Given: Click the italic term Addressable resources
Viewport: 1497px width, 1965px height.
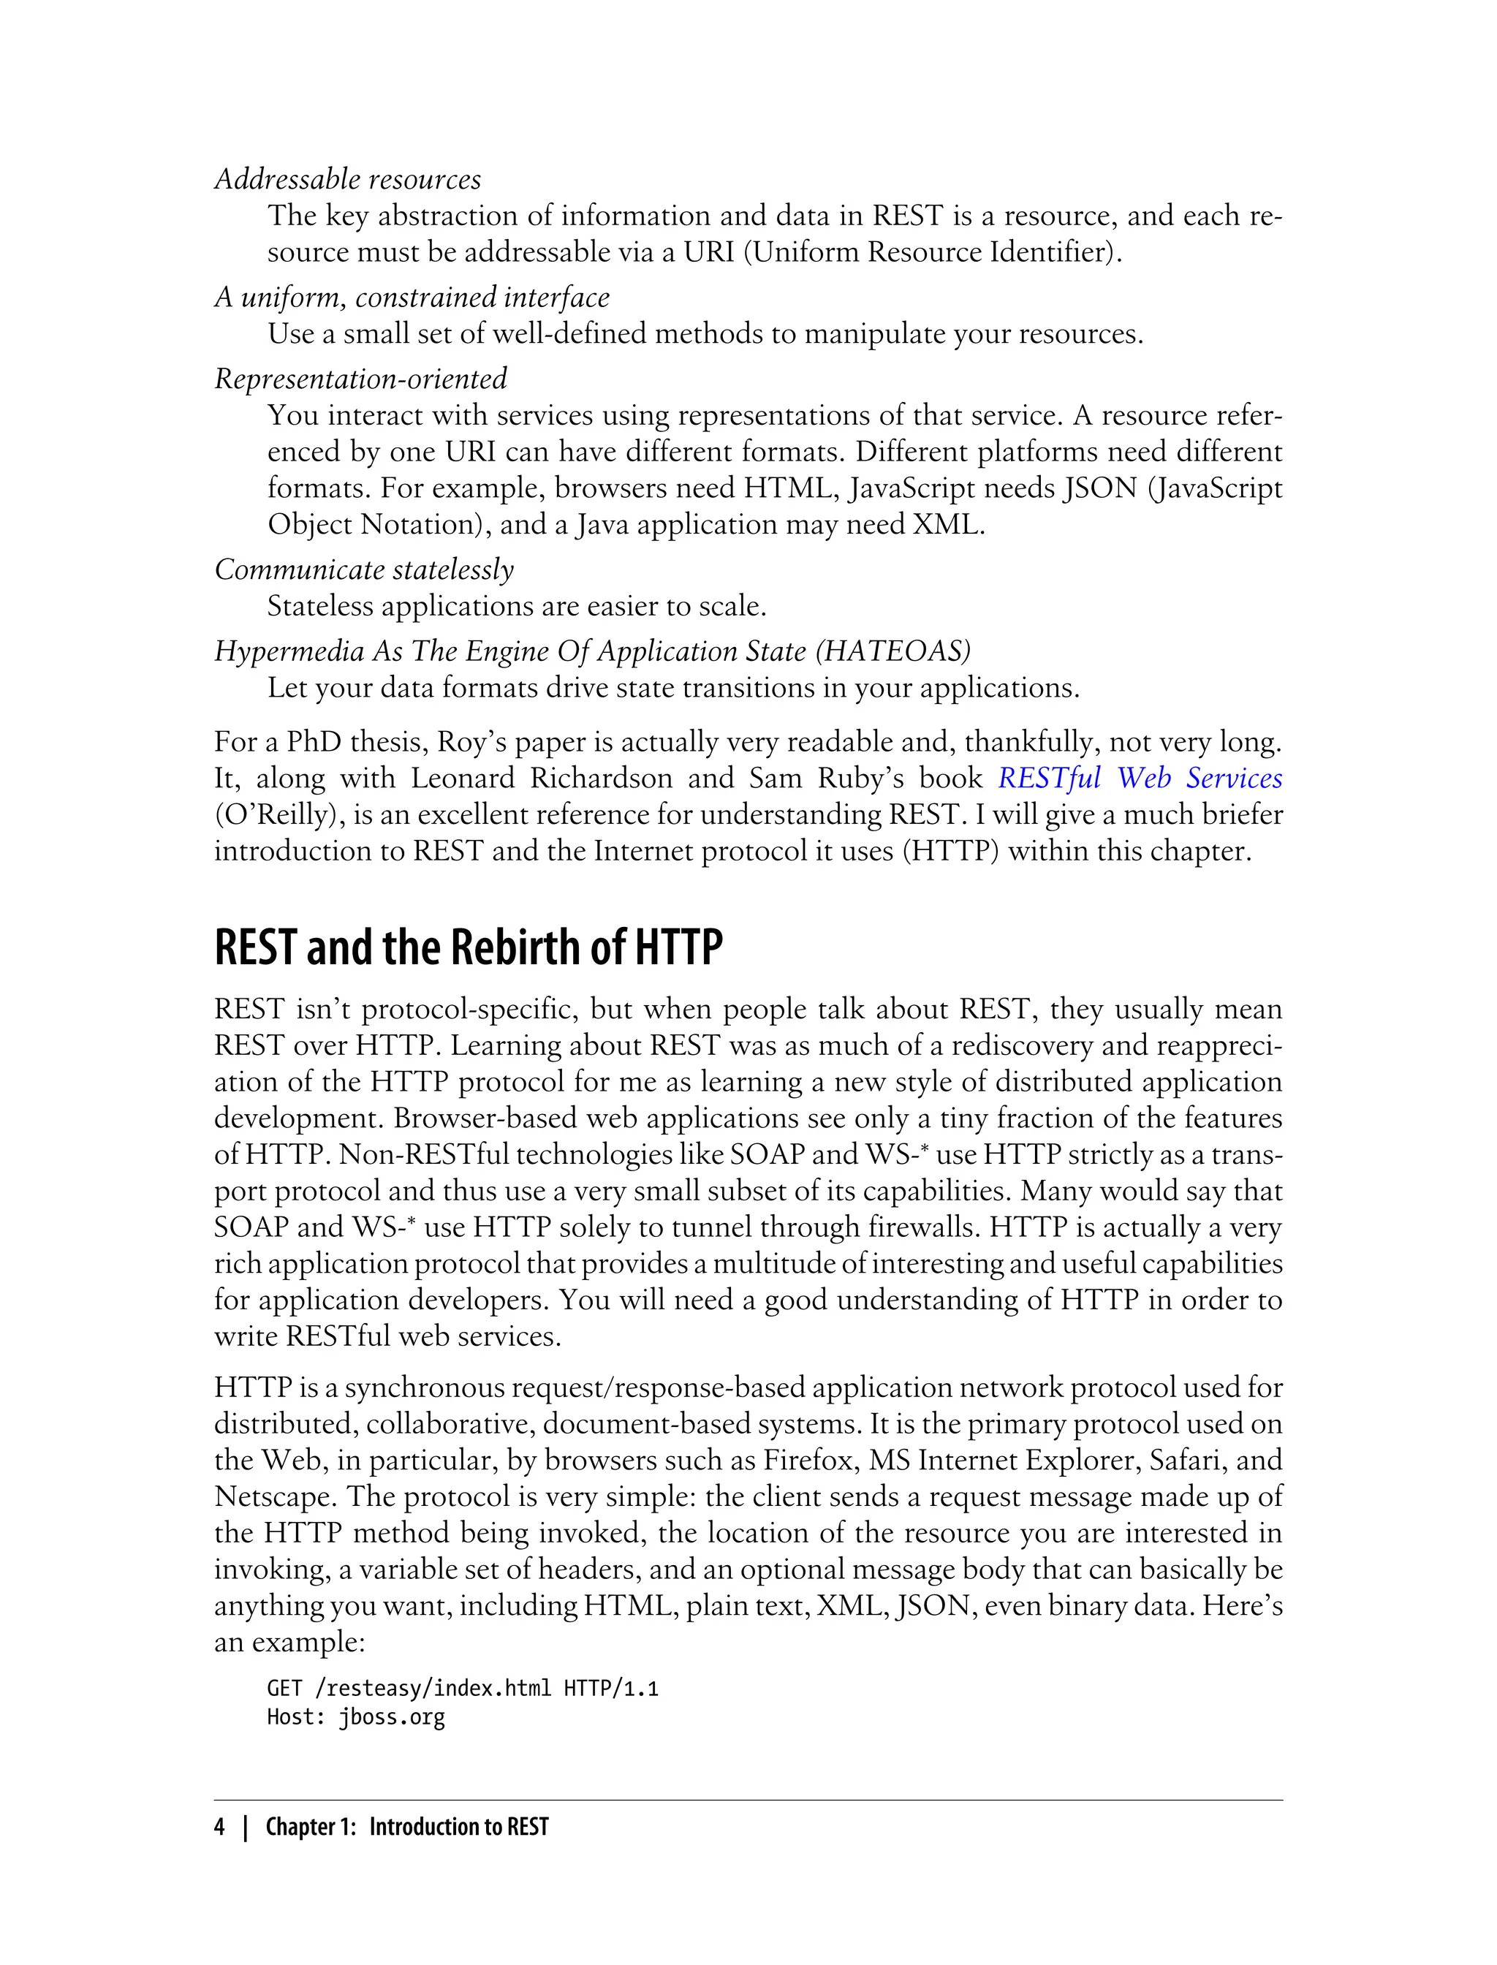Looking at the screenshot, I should click(347, 179).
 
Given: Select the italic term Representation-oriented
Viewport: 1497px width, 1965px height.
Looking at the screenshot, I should click(361, 379).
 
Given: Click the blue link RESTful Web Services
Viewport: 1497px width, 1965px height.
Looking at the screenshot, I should click(1140, 778).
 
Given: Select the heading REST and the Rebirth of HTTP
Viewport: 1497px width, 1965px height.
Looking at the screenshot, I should click(469, 947).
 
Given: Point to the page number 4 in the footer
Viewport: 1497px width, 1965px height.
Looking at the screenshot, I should click(219, 1828).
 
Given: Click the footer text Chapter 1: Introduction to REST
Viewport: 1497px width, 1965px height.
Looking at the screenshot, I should click(407, 1828).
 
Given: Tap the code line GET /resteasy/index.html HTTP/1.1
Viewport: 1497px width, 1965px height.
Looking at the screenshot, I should click(463, 1688).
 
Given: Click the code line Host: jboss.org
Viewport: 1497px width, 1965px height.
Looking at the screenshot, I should click(355, 1717).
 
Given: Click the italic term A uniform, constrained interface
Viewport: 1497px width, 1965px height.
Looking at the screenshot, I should click(412, 297).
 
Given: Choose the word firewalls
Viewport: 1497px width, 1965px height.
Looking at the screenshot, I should click(922, 1227).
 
